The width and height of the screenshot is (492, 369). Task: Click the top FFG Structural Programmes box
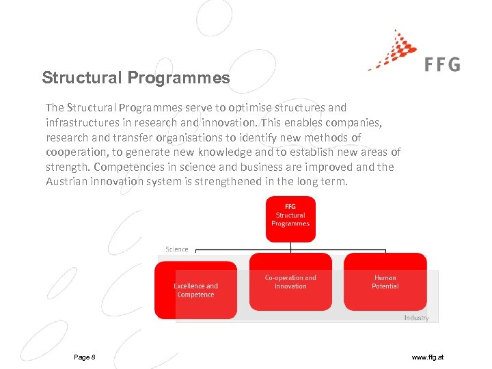[290, 219]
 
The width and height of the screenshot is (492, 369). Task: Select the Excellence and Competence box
[195, 290]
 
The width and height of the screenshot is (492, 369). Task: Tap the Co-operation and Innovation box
[290, 282]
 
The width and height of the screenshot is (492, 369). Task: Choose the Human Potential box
[385, 282]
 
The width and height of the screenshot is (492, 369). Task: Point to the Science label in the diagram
[177, 249]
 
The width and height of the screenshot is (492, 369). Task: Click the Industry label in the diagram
[416, 318]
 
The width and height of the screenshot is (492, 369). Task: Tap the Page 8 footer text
[85, 357]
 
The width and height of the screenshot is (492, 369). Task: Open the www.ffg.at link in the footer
[428, 357]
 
